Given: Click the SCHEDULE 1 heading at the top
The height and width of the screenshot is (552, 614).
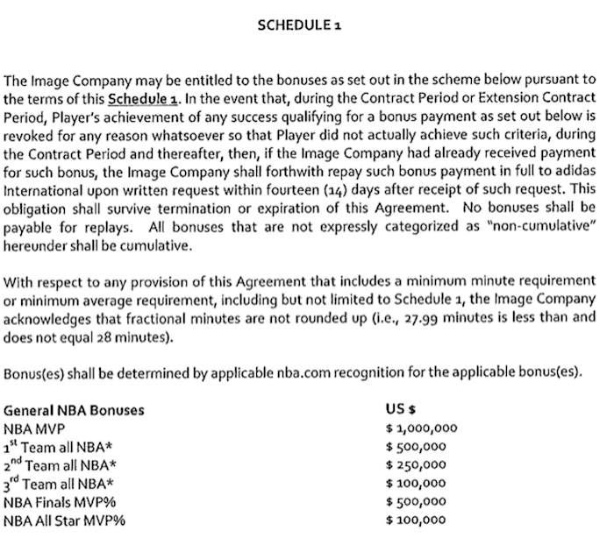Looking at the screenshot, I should pyautogui.click(x=299, y=25).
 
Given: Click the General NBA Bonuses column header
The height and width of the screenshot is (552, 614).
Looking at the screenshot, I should pyautogui.click(x=74, y=410).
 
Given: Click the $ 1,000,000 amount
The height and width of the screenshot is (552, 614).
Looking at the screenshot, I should pyautogui.click(x=422, y=428).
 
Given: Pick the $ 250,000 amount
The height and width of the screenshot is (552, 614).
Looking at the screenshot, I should pyautogui.click(x=417, y=465).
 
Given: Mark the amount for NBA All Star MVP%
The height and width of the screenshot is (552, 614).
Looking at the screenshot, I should pyautogui.click(x=417, y=520).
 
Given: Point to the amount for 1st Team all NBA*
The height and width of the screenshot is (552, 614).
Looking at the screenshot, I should pyautogui.click(x=417, y=447).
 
